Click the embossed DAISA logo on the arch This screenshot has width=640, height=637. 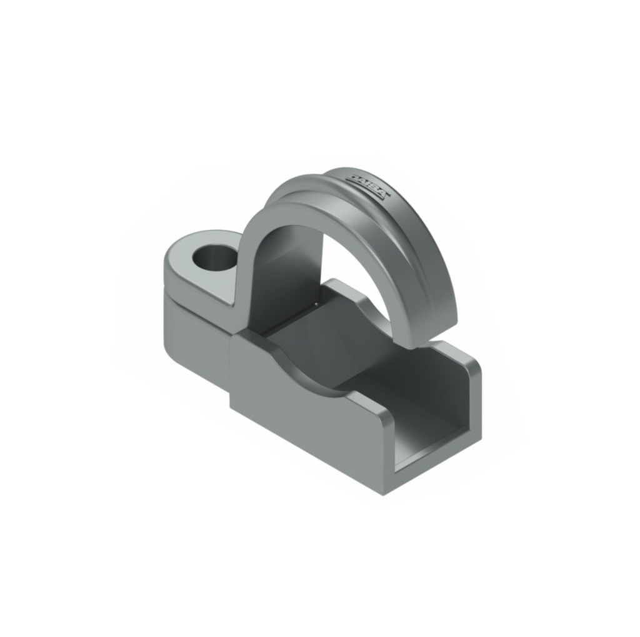click(369, 185)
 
